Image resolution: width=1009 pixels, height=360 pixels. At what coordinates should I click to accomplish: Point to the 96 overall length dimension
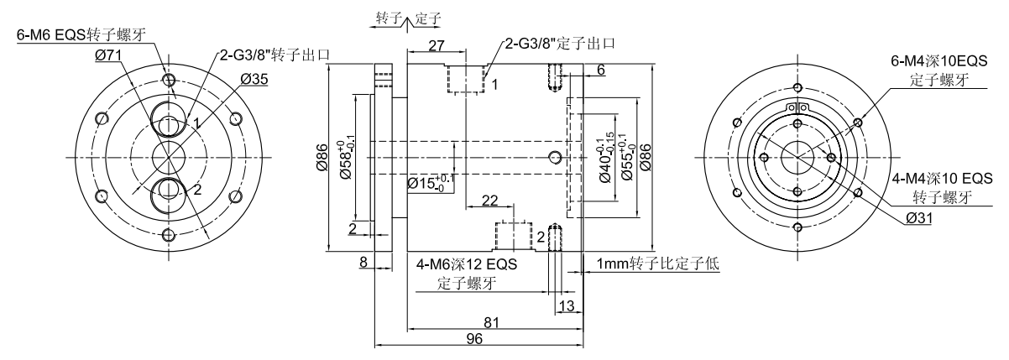[x=478, y=338]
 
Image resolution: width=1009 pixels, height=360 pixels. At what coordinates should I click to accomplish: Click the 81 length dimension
[x=492, y=320]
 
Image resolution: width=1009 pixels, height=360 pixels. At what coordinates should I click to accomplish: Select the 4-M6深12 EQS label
[x=467, y=264]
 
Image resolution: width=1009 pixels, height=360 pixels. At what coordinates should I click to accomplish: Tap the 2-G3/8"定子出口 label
[x=559, y=44]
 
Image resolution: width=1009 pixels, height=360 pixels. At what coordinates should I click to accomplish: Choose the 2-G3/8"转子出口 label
[x=274, y=55]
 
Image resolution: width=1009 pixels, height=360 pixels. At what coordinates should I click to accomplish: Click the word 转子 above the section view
[x=386, y=16]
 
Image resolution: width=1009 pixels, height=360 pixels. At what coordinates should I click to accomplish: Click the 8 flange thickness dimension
[x=363, y=263]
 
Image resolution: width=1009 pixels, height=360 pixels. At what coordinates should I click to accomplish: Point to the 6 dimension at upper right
[x=600, y=70]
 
